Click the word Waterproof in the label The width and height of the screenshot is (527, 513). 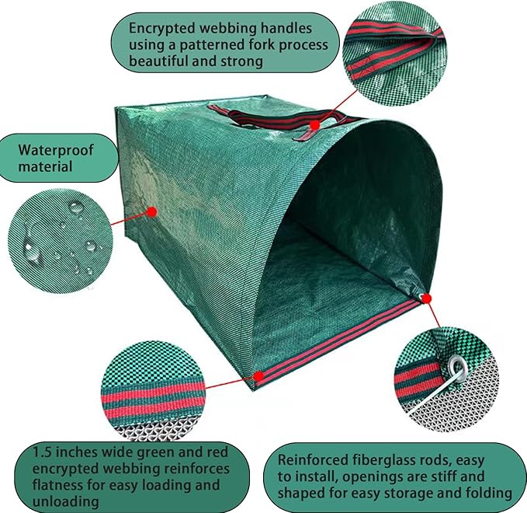pyautogui.click(x=56, y=150)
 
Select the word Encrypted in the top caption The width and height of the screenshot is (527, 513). pyautogui.click(x=162, y=29)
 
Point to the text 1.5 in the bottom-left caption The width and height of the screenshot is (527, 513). pyautogui.click(x=42, y=452)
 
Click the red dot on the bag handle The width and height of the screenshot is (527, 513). pyautogui.click(x=314, y=125)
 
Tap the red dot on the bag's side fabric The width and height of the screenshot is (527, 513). pyautogui.click(x=152, y=211)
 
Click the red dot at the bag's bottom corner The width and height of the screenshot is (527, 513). pyautogui.click(x=258, y=376)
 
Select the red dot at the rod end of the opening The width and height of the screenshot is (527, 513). pyautogui.click(x=426, y=298)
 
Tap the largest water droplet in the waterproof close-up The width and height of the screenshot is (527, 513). pyautogui.click(x=32, y=252)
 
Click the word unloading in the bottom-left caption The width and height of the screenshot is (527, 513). pyautogui.click(x=65, y=501)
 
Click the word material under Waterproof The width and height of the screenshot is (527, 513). pyautogui.click(x=45, y=166)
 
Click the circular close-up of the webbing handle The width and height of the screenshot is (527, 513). pyautogui.click(x=392, y=57)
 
